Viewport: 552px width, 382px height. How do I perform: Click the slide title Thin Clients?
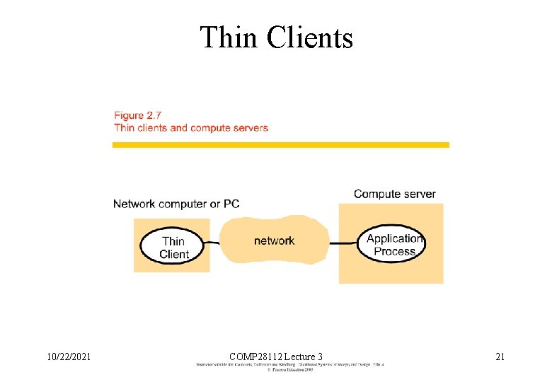(x=276, y=37)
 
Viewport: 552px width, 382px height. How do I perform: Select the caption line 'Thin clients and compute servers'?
(x=191, y=128)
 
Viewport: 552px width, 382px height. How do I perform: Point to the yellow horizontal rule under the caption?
(x=280, y=145)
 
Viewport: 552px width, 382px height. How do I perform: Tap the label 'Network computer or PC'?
(x=176, y=204)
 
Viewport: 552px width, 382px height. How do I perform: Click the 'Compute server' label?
(x=394, y=194)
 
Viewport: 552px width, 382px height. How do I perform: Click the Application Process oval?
(x=391, y=245)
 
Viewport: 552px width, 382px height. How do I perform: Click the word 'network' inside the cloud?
(x=274, y=241)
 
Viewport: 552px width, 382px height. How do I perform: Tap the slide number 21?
(x=500, y=357)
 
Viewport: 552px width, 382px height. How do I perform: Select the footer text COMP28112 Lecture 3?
(x=276, y=357)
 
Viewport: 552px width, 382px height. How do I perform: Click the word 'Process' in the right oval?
(x=394, y=251)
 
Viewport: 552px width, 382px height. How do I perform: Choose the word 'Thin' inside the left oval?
(x=173, y=241)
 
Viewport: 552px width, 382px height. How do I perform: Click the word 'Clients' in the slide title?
(x=309, y=37)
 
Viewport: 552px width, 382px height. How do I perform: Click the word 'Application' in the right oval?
(x=394, y=238)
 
